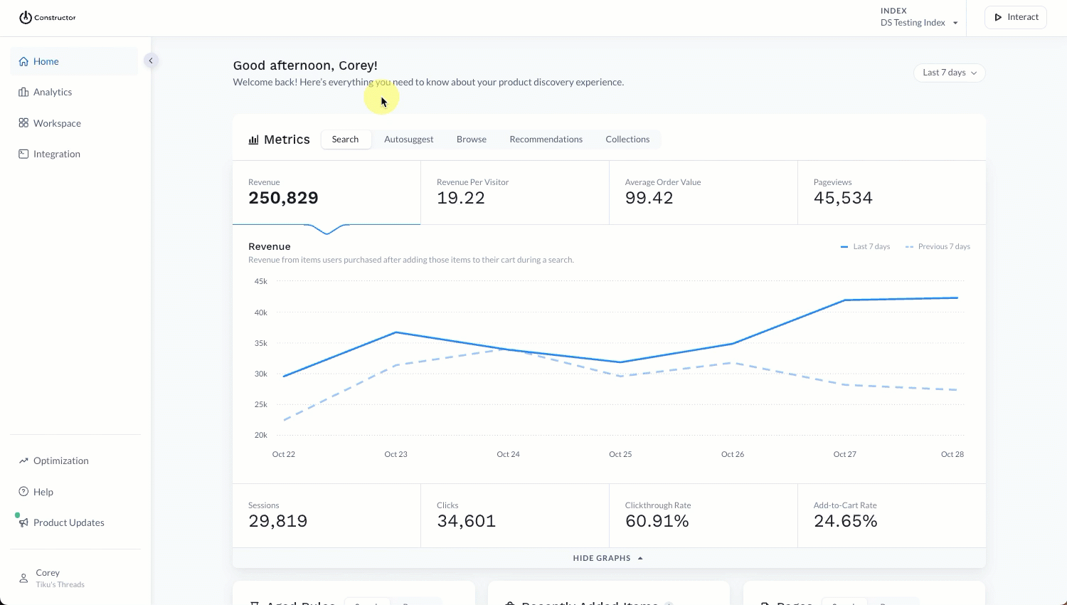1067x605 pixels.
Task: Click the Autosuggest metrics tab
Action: [408, 140]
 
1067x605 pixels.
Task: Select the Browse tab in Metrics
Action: [472, 140]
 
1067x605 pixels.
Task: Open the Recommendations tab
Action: [546, 140]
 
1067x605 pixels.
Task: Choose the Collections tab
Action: [627, 140]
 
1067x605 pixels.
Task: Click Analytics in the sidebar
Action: [53, 93]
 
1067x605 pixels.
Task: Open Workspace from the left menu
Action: [57, 123]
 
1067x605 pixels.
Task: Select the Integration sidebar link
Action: [56, 154]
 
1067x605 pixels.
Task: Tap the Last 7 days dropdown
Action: [949, 73]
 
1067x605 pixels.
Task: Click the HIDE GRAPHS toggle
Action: [607, 558]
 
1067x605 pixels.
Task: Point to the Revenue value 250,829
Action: [283, 198]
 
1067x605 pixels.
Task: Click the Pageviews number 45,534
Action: [843, 198]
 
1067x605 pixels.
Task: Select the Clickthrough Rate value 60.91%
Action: [657, 521]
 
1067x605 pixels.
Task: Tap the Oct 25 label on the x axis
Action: [620, 454]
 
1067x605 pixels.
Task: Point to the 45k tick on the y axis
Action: [261, 282]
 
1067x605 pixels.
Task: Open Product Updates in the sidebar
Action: [68, 523]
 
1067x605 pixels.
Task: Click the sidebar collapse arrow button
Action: [151, 60]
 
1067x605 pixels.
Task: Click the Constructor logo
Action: [47, 18]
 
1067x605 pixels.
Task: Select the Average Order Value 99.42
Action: [649, 198]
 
